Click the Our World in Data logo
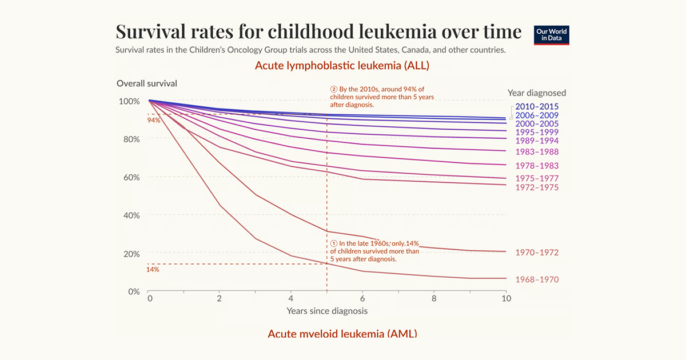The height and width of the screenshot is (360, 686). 552,35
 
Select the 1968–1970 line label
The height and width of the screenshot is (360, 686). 537,279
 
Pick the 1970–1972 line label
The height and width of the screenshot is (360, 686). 537,253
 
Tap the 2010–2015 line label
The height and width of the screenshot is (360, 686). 537,106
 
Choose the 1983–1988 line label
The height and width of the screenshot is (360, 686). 537,152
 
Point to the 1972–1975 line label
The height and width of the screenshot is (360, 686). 537,187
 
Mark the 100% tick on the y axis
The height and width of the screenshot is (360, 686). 129,101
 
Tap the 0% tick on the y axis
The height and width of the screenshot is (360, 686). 133,291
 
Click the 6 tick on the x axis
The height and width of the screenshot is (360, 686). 362,298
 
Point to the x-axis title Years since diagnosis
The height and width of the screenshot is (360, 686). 327,311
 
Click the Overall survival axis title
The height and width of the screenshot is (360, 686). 147,83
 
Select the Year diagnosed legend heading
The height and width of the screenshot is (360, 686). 537,93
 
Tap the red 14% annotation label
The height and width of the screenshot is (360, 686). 153,269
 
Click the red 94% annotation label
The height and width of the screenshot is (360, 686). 153,121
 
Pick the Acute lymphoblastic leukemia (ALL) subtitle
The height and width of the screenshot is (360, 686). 342,65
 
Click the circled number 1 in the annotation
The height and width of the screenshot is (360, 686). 334,243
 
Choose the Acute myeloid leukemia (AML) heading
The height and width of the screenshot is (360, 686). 342,334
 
